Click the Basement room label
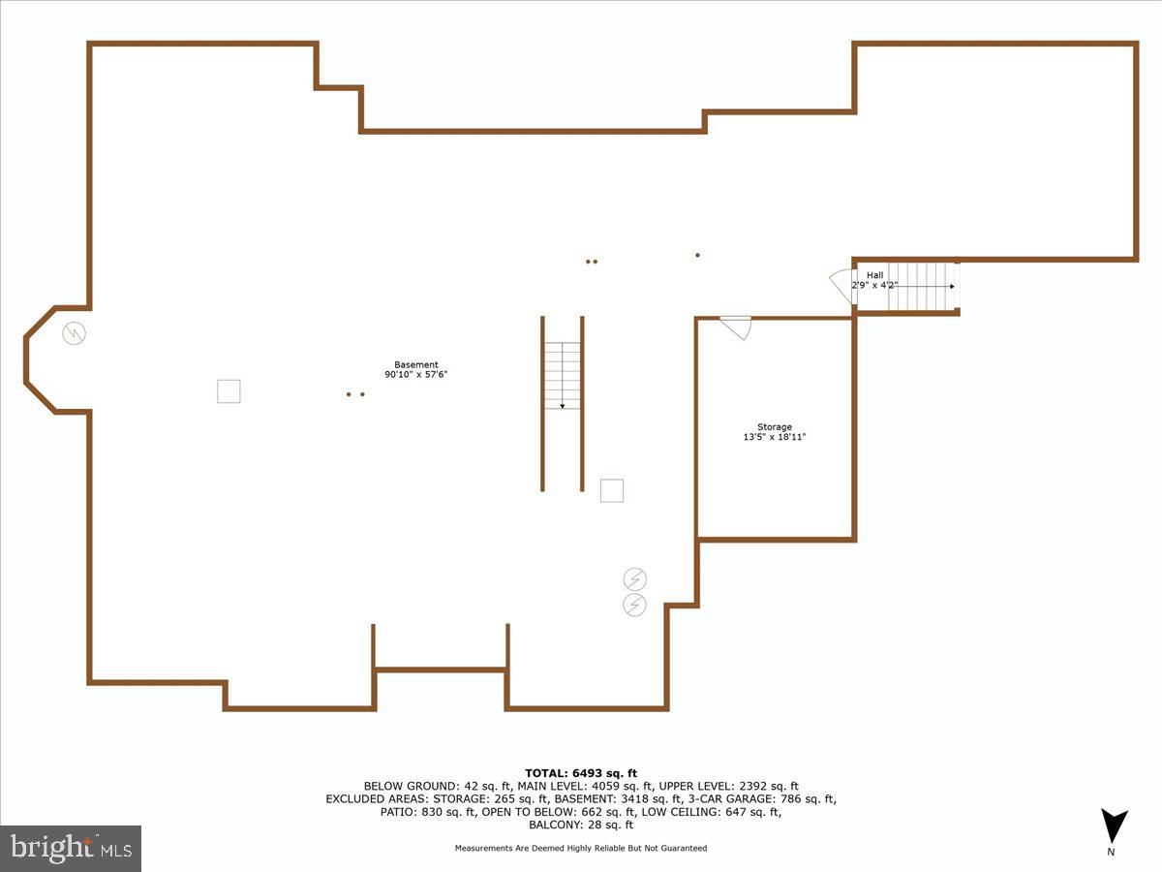click(415, 365)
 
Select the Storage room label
click(774, 427)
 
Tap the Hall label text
click(874, 276)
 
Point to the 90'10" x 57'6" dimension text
click(415, 375)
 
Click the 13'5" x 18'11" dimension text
click(774, 438)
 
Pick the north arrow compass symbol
click(1115, 826)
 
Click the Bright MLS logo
click(71, 848)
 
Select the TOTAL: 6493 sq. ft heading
click(581, 772)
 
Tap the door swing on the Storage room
click(738, 327)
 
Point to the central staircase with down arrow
click(562, 375)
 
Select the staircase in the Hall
click(923, 286)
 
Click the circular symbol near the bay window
click(74, 334)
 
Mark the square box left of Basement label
click(229, 391)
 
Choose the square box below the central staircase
click(612, 491)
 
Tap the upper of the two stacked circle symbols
click(635, 579)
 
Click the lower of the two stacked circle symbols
click(635, 606)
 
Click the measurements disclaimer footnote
click(581, 849)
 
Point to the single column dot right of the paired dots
click(697, 256)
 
